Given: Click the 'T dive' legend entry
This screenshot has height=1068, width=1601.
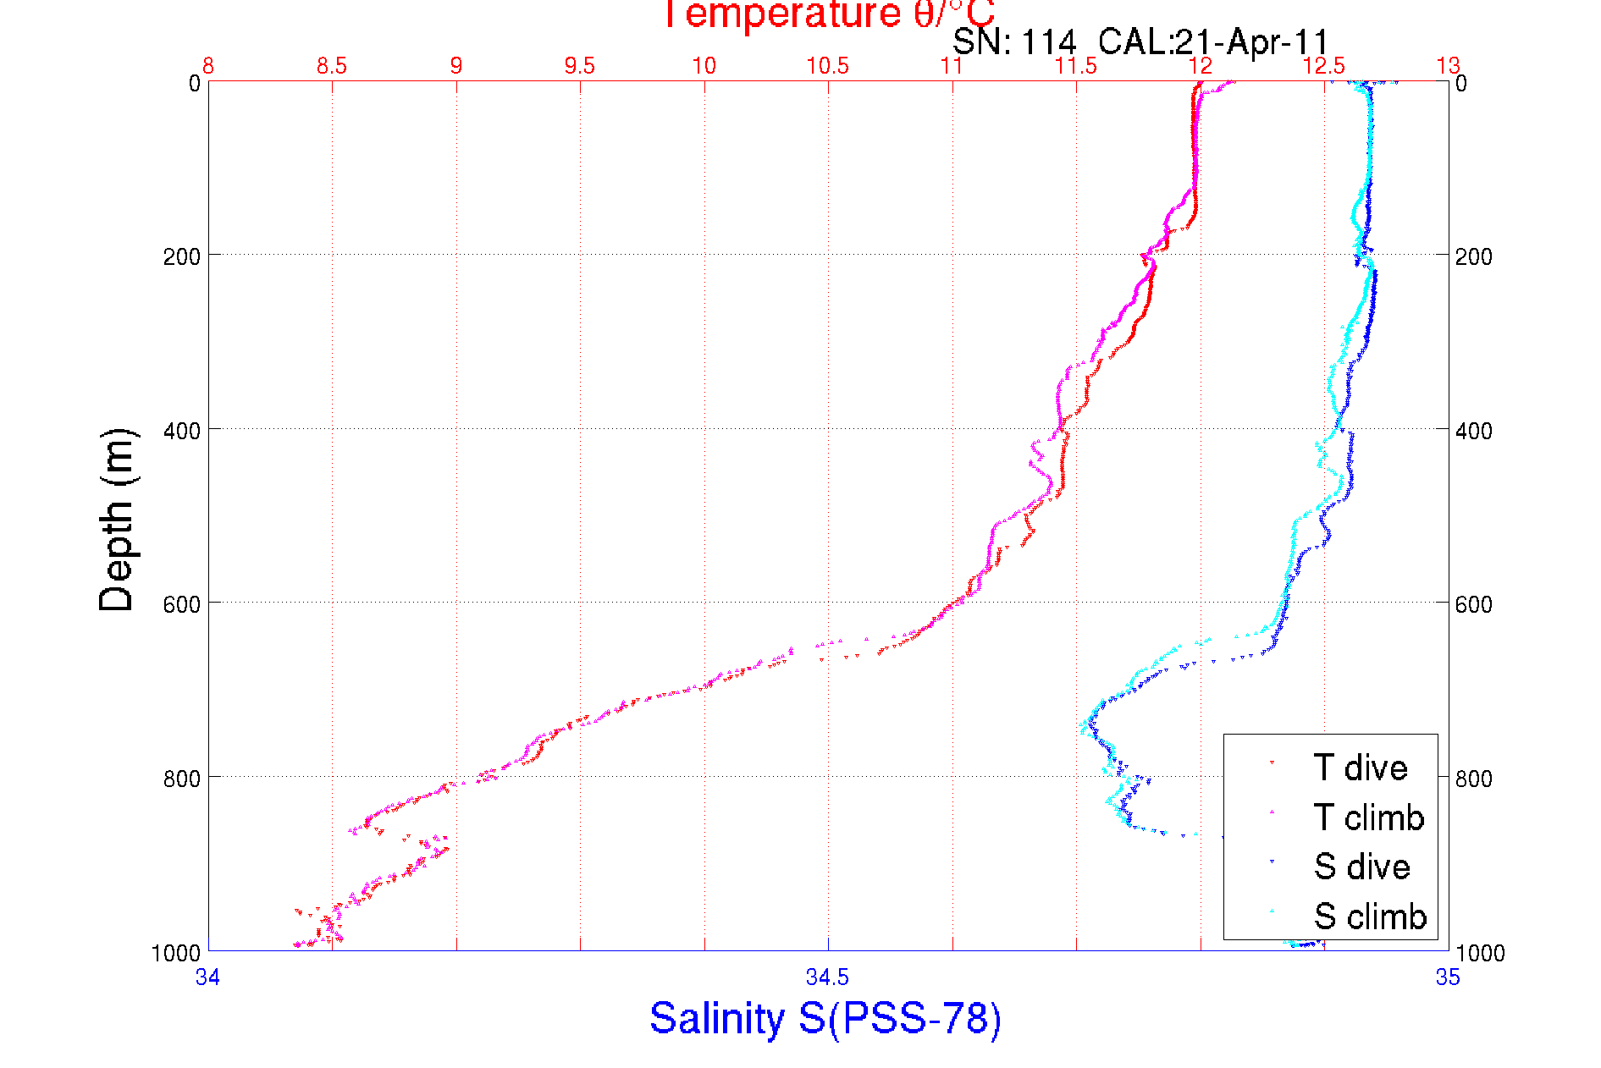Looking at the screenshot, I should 1360,768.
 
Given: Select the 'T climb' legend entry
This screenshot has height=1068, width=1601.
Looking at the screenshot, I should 1368,818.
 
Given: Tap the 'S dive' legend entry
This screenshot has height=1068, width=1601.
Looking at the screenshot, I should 1361,867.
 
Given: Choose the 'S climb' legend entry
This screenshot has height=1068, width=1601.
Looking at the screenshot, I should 1370,917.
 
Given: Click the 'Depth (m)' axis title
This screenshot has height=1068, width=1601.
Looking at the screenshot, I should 117,520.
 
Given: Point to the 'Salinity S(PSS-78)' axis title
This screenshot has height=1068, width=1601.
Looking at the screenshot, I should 825,1018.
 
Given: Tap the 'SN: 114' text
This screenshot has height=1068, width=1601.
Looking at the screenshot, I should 1014,41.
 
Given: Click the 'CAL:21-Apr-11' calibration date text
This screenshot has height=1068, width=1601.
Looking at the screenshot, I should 1213,41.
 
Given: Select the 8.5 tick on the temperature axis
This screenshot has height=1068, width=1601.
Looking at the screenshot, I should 332,66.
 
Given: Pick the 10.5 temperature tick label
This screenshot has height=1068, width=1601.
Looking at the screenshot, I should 827,66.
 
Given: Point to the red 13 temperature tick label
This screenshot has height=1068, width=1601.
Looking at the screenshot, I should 1448,66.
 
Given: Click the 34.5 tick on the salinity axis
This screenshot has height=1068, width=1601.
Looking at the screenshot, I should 827,978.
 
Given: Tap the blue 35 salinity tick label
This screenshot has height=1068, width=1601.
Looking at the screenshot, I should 1448,978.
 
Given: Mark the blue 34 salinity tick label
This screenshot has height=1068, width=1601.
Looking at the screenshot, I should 208,978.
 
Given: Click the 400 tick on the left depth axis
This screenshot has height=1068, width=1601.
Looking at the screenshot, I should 181,431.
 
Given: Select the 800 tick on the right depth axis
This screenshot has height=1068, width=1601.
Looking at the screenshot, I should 1474,778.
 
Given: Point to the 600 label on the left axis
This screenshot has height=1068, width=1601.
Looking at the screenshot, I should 181,604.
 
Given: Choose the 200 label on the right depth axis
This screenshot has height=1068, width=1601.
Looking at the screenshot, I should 1474,256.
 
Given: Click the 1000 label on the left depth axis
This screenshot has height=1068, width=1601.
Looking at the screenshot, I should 176,954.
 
